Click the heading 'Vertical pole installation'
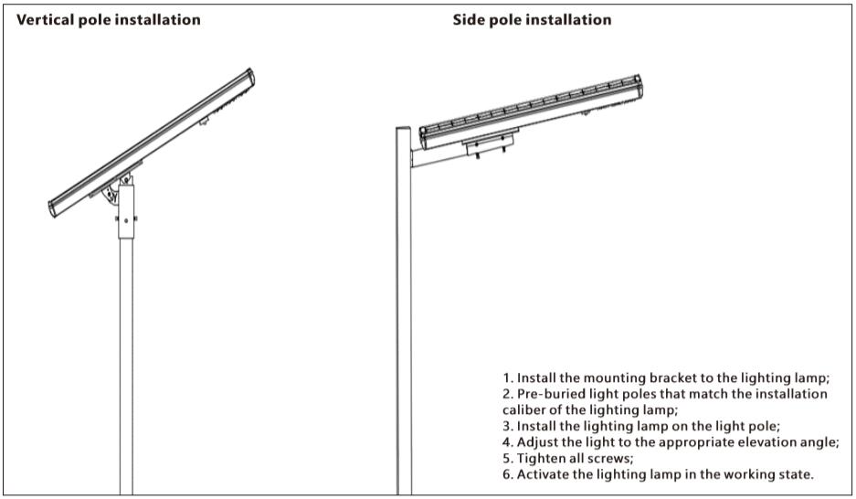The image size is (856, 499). [x=108, y=20]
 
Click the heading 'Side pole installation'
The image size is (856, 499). [x=532, y=20]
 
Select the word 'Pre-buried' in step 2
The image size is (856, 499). [x=550, y=394]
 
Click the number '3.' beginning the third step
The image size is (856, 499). [x=508, y=426]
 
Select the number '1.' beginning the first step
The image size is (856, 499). [x=508, y=377]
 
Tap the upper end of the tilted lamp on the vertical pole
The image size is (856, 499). [x=248, y=77]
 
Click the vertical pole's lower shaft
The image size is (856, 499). [x=126, y=366]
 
